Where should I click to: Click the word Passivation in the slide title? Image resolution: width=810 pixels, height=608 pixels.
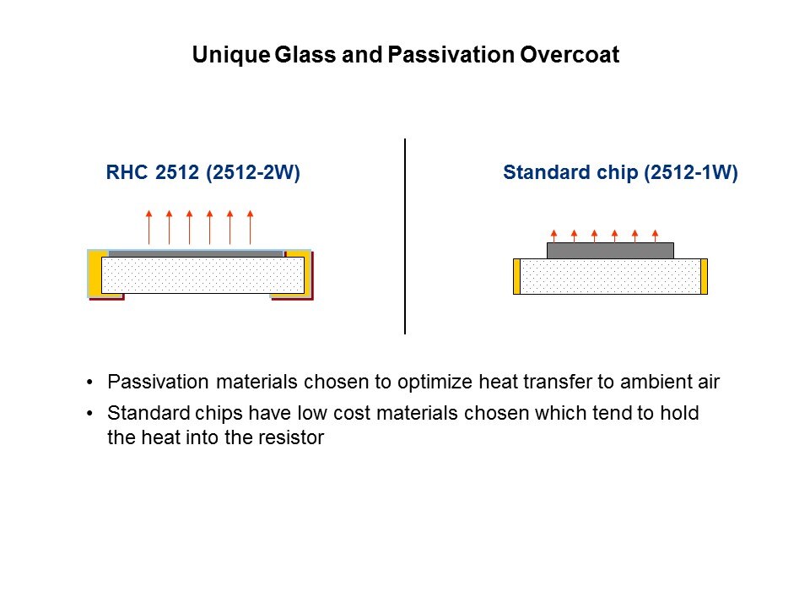[x=451, y=54]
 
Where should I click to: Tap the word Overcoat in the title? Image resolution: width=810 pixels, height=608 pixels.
[x=570, y=54]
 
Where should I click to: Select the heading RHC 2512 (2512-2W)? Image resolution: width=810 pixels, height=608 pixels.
[x=203, y=172]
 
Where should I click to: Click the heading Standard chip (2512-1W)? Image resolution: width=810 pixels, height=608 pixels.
[x=620, y=172]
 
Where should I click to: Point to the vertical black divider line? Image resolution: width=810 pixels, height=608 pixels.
[x=405, y=236]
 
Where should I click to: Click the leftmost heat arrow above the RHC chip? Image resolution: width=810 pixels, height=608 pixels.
[x=148, y=227]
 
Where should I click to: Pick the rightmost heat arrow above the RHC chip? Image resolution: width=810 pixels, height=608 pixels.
[x=250, y=227]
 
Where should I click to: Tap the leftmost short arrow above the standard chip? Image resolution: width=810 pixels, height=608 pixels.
[x=553, y=236]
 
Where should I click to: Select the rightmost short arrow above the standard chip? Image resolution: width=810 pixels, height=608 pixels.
[x=655, y=236]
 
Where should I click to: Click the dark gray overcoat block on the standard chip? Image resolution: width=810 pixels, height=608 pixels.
[x=610, y=251]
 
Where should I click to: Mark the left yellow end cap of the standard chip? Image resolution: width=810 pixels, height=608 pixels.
[x=516, y=277]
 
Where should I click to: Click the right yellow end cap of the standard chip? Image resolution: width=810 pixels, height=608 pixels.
[x=704, y=277]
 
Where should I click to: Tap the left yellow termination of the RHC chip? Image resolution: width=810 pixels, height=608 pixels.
[x=95, y=274]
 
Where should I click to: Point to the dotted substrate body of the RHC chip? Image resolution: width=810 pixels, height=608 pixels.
[x=203, y=275]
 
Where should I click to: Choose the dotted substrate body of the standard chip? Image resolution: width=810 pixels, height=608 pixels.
[x=610, y=277]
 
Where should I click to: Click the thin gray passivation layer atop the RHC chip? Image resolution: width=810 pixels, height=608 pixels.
[x=196, y=254]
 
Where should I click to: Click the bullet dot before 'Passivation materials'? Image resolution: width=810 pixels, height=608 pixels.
[x=90, y=383]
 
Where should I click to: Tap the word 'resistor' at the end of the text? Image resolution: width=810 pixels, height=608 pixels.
[x=291, y=437]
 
